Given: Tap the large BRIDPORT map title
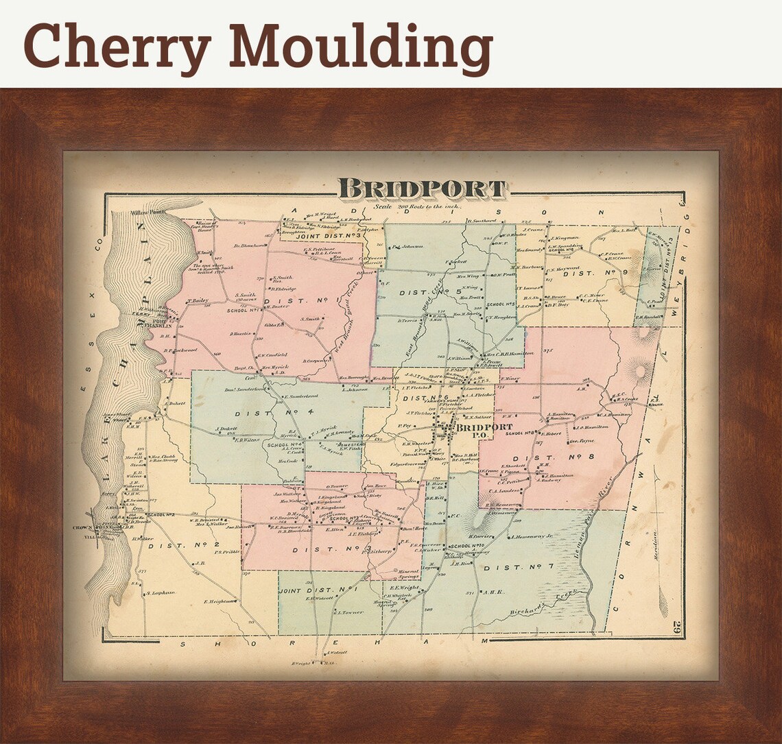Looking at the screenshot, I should click(423, 189).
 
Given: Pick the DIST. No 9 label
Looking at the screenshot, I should click(596, 274).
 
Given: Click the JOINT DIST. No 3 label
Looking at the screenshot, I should click(333, 237).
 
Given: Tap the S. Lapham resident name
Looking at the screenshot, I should click(160, 592).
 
